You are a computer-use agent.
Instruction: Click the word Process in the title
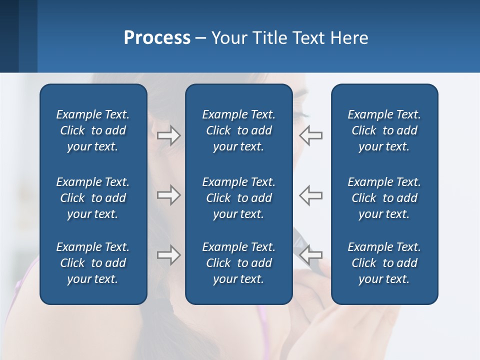(x=157, y=38)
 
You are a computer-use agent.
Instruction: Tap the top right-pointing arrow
(x=168, y=135)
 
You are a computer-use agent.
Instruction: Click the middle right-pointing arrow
(x=168, y=195)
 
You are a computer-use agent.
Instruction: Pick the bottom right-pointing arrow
(x=168, y=255)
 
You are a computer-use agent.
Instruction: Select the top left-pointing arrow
(x=310, y=135)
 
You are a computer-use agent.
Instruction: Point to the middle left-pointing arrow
(x=310, y=195)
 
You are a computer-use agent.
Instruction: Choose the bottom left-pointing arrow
(x=310, y=255)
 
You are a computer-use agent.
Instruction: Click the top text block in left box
(x=93, y=130)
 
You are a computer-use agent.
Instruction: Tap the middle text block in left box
(x=93, y=198)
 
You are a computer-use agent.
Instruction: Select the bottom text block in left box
(x=93, y=263)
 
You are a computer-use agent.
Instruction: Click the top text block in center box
(x=238, y=130)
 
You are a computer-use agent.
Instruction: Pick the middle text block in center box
(x=238, y=198)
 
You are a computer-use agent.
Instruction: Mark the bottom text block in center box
(x=238, y=263)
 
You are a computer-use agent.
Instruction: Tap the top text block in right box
(x=384, y=130)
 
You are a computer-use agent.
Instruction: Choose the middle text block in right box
(x=384, y=198)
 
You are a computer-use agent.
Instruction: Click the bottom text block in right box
(x=384, y=263)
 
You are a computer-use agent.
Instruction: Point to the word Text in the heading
(x=308, y=38)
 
